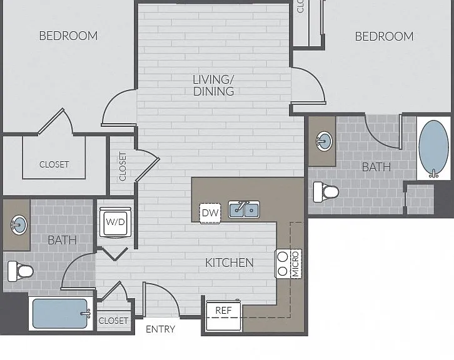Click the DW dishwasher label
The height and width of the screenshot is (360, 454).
(210, 213)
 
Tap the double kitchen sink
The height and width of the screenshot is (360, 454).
(244, 209)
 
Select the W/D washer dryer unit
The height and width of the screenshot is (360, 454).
(115, 222)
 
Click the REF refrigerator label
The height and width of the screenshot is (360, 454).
(223, 311)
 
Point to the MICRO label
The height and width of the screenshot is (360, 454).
(295, 264)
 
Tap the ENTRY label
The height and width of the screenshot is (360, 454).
(161, 329)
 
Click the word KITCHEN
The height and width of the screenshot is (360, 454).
(230, 262)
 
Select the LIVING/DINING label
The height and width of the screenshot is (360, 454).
(213, 86)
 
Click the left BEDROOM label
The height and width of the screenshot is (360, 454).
(68, 36)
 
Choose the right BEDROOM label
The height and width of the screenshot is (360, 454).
(384, 36)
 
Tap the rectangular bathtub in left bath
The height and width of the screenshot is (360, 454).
(61, 313)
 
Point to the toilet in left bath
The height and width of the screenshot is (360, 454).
(20, 271)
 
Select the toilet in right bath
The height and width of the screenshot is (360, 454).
(326, 192)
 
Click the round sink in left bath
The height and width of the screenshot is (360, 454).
(19, 225)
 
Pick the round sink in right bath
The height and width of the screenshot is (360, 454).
(324, 141)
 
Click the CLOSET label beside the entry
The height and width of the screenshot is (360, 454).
(113, 321)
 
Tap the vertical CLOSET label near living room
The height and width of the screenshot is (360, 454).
(123, 166)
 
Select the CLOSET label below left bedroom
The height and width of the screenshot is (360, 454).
(54, 164)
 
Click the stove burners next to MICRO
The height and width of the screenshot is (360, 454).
(283, 264)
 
